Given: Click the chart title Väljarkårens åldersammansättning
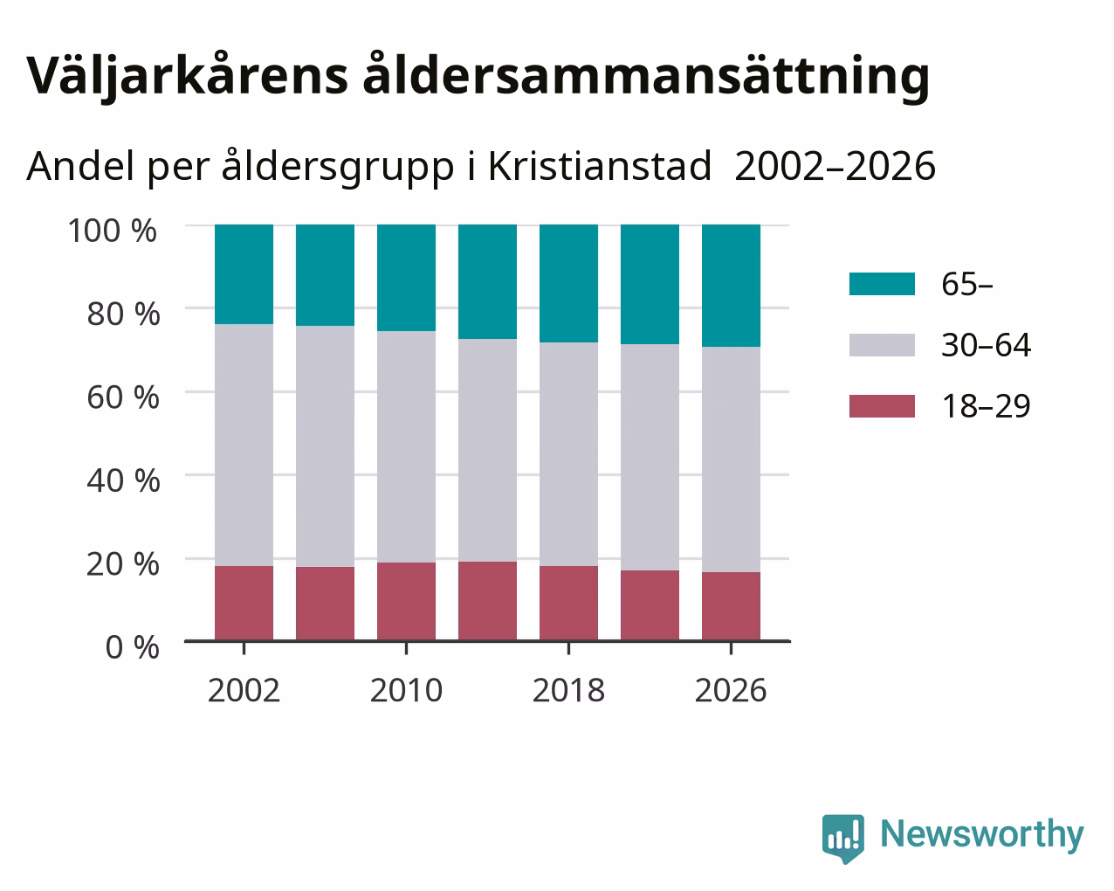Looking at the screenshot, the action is (478, 77).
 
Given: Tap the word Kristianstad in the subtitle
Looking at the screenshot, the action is (600, 166).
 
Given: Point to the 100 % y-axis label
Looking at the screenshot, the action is (112, 231).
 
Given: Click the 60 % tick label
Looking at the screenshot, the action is (123, 397).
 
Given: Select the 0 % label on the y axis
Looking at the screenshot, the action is (132, 647).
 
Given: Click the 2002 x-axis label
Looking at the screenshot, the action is (244, 690).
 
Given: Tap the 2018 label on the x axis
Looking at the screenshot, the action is (568, 690).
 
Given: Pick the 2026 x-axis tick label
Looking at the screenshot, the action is (731, 690).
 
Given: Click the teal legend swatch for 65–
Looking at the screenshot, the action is (882, 284).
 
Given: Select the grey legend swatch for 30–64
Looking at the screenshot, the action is (882, 345).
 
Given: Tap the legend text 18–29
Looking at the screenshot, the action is (987, 406).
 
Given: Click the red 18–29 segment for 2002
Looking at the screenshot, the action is (244, 604).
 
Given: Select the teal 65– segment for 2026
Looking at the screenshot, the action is (731, 286).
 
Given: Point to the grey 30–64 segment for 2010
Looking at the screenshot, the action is (406, 446).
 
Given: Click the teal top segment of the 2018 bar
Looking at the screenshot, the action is (569, 283).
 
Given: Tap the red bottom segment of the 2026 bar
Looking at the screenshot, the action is (731, 606).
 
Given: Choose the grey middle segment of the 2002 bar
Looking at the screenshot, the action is (244, 445).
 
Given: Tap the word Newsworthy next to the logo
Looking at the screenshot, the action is (982, 834).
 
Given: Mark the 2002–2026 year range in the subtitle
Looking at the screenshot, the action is (835, 166).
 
